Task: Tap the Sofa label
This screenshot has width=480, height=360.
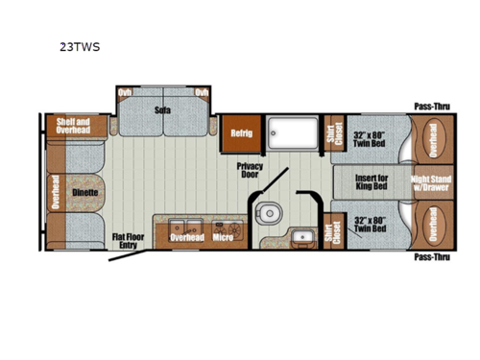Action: pos(162,109)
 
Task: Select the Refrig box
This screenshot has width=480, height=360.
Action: pos(240,133)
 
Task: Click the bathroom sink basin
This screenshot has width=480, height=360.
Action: pos(304,235)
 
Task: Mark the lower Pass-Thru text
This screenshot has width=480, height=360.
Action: pos(431,257)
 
